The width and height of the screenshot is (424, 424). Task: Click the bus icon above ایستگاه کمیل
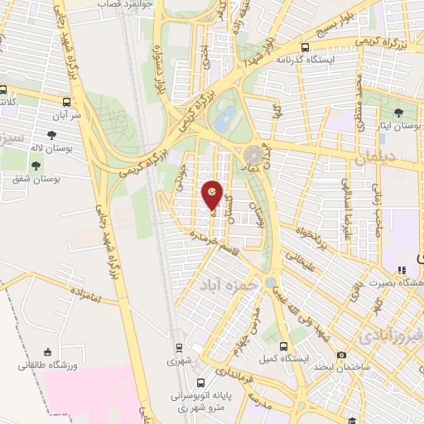click(x=284, y=348)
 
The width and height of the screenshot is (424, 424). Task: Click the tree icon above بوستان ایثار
click(x=399, y=113)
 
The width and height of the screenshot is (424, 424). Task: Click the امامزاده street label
click(x=86, y=294)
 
